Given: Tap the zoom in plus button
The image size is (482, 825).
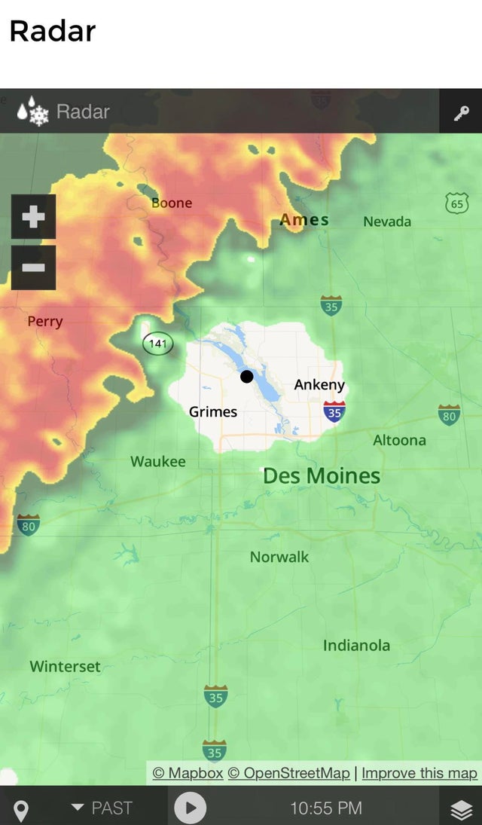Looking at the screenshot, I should (33, 217).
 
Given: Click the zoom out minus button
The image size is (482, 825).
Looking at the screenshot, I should (33, 267).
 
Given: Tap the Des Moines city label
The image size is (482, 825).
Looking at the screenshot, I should (322, 476).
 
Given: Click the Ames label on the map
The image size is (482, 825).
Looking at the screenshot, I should (304, 220).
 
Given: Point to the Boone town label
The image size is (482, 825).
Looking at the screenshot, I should (172, 203).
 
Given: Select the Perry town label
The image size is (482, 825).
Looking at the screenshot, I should (45, 321).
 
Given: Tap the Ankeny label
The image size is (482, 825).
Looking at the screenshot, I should (319, 385).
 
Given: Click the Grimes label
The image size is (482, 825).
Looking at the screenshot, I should (213, 411).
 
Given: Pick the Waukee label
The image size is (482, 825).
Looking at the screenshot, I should (158, 461).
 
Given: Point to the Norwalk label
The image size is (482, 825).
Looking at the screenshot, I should (279, 557).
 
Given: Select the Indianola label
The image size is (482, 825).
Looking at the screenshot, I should (357, 645).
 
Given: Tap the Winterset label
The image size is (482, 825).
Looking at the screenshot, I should (65, 666).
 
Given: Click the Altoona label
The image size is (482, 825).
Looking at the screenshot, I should (399, 440).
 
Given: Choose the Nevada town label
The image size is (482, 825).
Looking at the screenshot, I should (387, 221).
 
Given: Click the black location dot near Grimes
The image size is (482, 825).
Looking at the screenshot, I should (247, 376).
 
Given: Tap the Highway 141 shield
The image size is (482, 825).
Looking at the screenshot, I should (157, 344).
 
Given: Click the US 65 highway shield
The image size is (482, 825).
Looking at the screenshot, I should (456, 203).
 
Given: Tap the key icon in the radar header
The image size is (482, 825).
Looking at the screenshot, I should (461, 112).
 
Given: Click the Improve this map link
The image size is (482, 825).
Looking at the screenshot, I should (419, 773).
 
